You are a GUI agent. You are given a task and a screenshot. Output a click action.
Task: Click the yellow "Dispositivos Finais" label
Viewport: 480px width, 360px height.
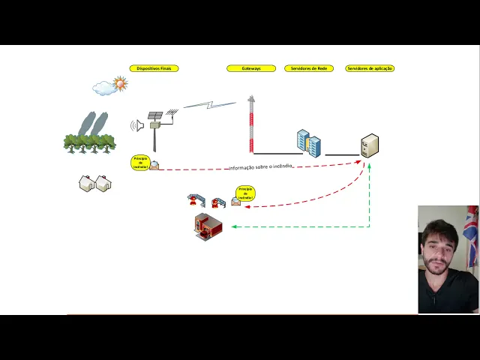[x=154, y=68]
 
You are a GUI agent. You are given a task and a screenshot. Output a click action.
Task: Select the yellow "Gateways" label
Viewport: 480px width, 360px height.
[x=251, y=68]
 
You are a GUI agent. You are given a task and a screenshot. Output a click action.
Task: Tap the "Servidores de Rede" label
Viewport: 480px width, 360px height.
[x=309, y=68]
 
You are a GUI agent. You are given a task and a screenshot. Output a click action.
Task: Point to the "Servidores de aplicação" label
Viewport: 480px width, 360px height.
[x=370, y=68]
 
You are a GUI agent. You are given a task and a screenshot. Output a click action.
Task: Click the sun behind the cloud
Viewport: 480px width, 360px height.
[x=120, y=83]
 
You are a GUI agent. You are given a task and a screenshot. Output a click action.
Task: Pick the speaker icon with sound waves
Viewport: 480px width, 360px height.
[x=137, y=125]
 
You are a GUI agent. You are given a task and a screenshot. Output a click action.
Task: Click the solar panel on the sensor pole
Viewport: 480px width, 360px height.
[x=155, y=115]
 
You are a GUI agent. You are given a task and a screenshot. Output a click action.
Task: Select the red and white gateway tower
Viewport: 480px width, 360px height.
[x=251, y=124]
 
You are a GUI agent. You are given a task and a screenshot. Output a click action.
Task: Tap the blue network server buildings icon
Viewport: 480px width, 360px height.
[x=308, y=142]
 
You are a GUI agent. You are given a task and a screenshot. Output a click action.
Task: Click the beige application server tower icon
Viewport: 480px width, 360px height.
[x=370, y=145]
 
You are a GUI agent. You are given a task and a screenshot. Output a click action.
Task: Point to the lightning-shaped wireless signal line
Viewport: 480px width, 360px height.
[x=210, y=104]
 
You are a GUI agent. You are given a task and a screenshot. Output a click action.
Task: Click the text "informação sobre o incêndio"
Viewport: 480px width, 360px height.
[x=260, y=166]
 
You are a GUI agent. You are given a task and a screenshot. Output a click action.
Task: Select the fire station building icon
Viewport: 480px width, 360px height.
[x=208, y=226]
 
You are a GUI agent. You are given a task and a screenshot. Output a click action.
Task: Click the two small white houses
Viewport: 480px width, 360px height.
[x=95, y=183]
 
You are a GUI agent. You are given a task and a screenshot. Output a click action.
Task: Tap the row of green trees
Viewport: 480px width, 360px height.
[x=90, y=142]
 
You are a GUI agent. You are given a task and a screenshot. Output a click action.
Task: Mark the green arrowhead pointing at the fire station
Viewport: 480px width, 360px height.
[x=234, y=226]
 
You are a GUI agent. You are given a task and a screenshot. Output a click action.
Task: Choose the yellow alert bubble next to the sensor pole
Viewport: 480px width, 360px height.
[x=139, y=163]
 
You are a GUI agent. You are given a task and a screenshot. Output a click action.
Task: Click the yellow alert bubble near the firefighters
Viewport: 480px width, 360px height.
[x=245, y=193]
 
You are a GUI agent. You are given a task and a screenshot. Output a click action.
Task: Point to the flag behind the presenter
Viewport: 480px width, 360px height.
[x=470, y=232]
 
